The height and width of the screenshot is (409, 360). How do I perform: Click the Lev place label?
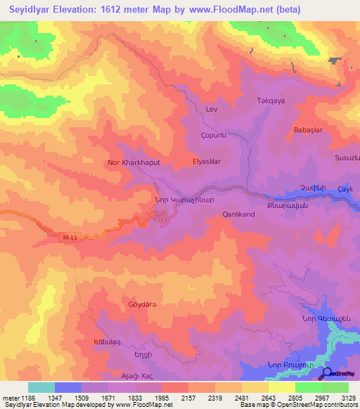[x=212, y=110]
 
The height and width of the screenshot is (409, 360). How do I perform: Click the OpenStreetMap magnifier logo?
[x=326, y=373]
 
